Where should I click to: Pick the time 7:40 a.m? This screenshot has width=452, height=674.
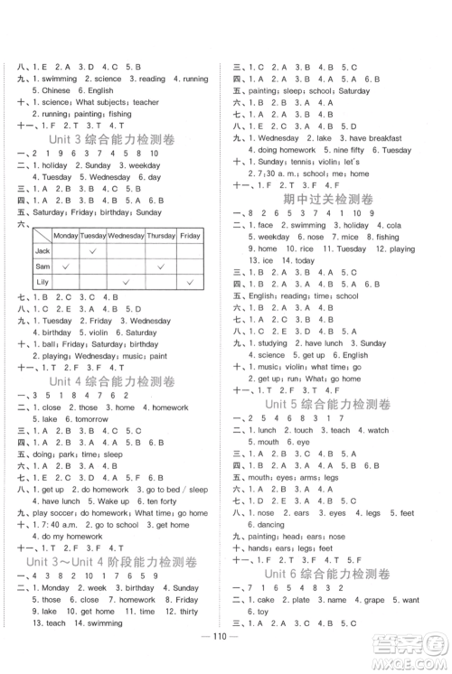[56, 524]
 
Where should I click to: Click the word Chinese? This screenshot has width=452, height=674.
[55, 90]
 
